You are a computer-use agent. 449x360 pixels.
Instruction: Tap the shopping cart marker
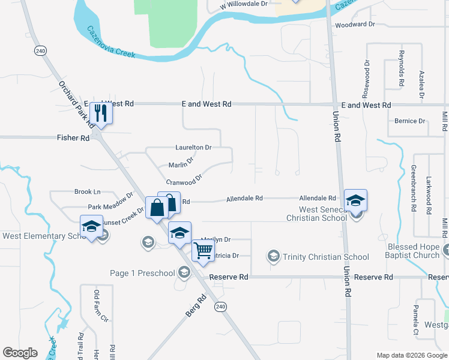coord(203,249)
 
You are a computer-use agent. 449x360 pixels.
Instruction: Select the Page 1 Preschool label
coord(142,273)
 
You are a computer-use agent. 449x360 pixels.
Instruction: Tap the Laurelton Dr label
coord(193,147)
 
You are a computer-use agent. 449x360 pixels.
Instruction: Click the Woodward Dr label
coord(355,25)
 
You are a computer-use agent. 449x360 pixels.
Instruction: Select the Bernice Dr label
coord(410,121)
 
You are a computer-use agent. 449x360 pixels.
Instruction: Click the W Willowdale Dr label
coord(243,4)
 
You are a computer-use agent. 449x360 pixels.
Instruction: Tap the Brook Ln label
coord(88,192)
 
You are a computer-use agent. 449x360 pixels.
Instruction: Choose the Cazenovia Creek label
coord(111,42)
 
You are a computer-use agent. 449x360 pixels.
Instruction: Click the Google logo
coord(20,353)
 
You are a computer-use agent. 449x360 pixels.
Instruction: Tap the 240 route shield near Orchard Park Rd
coord(40,50)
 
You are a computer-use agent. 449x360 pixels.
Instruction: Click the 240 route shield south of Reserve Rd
coord(221,307)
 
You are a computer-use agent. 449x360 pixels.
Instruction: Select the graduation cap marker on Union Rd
coord(355,200)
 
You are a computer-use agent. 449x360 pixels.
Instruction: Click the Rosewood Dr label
coord(366,79)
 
